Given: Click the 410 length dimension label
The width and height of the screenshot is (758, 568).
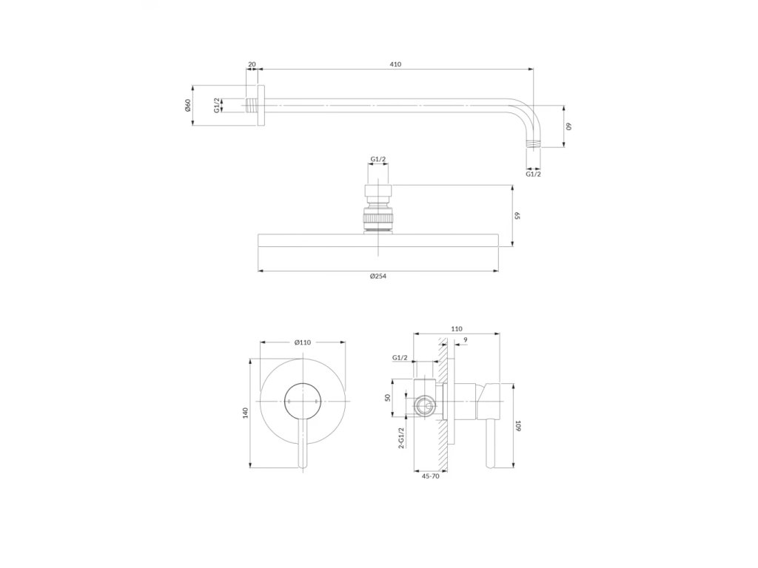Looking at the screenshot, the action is pyautogui.click(x=395, y=64).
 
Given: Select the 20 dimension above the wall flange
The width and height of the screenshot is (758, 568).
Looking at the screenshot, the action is pyautogui.click(x=252, y=64).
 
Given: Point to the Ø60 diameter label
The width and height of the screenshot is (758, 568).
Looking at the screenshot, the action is pyautogui.click(x=188, y=105).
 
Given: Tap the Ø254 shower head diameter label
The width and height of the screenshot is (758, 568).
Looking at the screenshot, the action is pyautogui.click(x=378, y=277).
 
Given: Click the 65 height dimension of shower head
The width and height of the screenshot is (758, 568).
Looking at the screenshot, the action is pyautogui.click(x=516, y=215).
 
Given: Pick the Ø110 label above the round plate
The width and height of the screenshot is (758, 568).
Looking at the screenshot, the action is pyautogui.click(x=303, y=342).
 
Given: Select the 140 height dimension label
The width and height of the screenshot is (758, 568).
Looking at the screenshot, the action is pyautogui.click(x=245, y=413).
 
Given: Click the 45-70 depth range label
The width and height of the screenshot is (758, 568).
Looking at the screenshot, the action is pyautogui.click(x=430, y=476).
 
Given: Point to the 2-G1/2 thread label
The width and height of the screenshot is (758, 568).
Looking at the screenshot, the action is pyautogui.click(x=400, y=439).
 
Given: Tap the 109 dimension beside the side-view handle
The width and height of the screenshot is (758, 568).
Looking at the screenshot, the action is pyautogui.click(x=517, y=425).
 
